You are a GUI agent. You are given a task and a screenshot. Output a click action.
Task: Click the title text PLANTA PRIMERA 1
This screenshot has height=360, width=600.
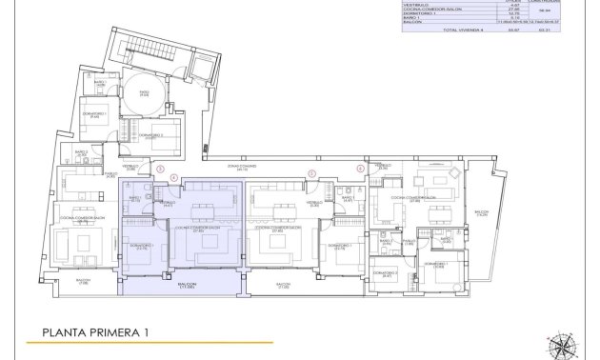94,332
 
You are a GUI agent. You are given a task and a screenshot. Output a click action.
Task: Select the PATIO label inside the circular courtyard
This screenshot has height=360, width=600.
145,92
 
